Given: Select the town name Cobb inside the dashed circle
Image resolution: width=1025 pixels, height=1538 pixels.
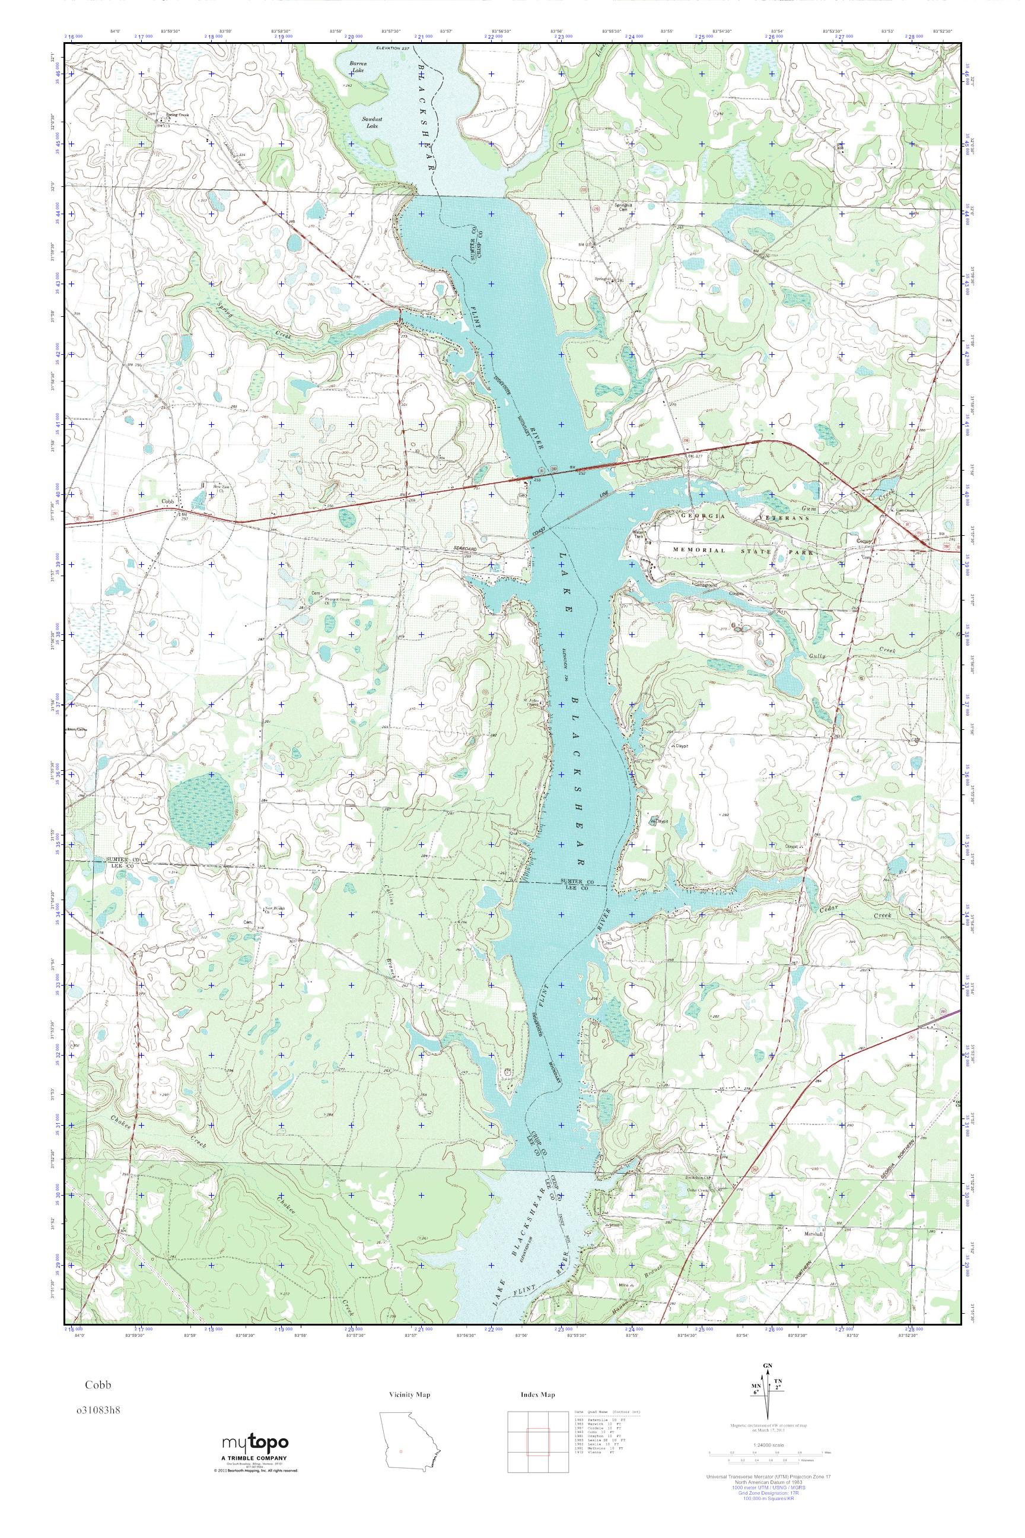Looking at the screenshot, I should coord(167,502).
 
